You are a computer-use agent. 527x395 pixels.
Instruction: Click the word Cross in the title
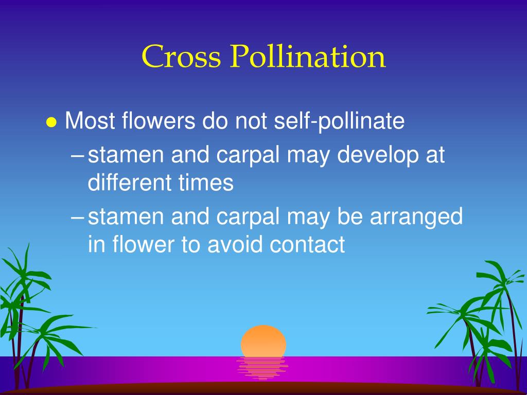[x=181, y=57]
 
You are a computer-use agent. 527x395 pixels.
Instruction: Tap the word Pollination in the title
[x=308, y=57]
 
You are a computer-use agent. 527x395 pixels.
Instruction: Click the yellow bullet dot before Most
[x=51, y=122]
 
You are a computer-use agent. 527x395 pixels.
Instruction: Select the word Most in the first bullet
[x=91, y=121]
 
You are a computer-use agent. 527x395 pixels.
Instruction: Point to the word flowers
[x=159, y=121]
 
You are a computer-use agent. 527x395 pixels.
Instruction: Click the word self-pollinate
[x=339, y=122]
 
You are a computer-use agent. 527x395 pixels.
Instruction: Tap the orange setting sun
[x=263, y=341]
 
